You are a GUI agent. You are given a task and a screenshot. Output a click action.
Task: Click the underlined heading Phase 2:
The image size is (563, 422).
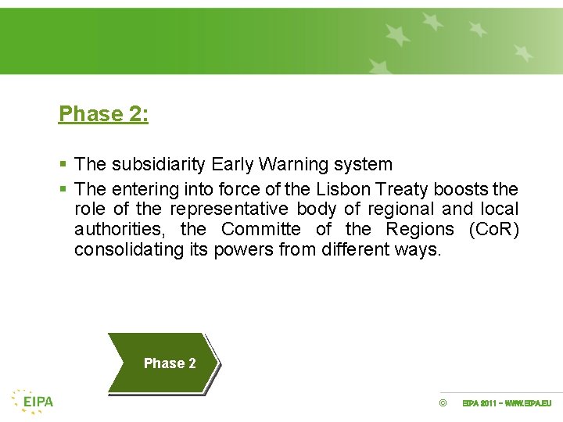103,114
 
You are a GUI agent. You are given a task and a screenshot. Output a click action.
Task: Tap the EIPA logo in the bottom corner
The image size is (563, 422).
33,401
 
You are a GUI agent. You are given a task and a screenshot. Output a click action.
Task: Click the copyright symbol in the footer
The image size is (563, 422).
443,403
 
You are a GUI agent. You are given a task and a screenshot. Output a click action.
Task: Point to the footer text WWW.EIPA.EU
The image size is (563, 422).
528,403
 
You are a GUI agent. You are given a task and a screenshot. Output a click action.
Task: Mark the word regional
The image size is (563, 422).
400,209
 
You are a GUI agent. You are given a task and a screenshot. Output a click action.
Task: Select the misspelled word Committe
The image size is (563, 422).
260,229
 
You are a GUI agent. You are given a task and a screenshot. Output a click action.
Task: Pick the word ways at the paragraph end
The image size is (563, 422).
421,250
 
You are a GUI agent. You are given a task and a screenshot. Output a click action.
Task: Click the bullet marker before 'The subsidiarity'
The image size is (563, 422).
63,165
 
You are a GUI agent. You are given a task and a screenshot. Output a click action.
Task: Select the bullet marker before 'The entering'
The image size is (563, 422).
63,189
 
